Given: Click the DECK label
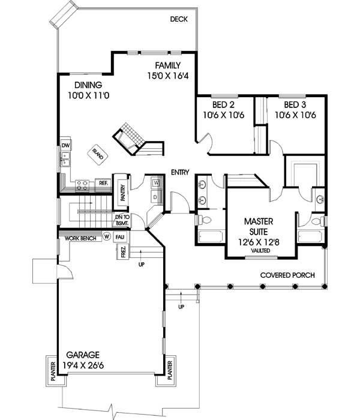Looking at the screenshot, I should (x=178, y=19).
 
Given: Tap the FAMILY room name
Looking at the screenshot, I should (x=168, y=65).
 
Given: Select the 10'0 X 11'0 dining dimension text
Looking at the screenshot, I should (x=88, y=95).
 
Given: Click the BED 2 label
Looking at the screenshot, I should (x=223, y=103).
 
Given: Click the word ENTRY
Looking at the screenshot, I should (x=180, y=172).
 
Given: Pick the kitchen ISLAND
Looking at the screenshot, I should (x=98, y=154).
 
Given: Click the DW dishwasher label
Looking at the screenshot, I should (x=65, y=146).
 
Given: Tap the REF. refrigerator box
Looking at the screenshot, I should (x=103, y=183).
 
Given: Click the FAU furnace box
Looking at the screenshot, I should (x=120, y=237).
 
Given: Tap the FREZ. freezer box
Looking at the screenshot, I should (x=122, y=253).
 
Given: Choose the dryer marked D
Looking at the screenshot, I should (x=155, y=196).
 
